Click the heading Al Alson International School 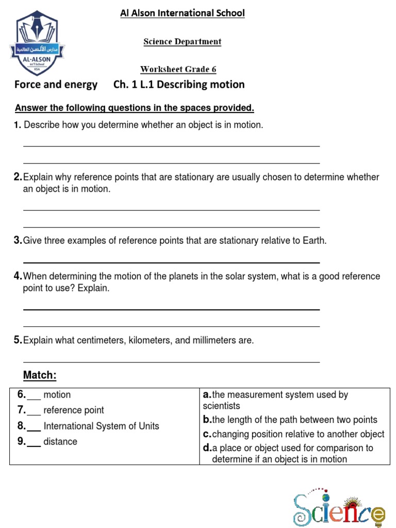(x=183, y=13)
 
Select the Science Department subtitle (x=183, y=42)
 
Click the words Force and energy (x=56, y=85)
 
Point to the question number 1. (x=18, y=125)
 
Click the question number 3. (x=18, y=241)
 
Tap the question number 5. (x=18, y=340)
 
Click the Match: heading (x=40, y=375)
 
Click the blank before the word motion (x=34, y=396)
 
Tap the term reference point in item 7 (x=74, y=410)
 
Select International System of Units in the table (x=102, y=426)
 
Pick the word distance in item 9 (x=60, y=442)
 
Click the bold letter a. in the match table (x=207, y=395)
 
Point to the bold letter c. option (x=207, y=434)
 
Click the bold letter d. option (x=208, y=448)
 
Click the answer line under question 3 (x=172, y=262)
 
